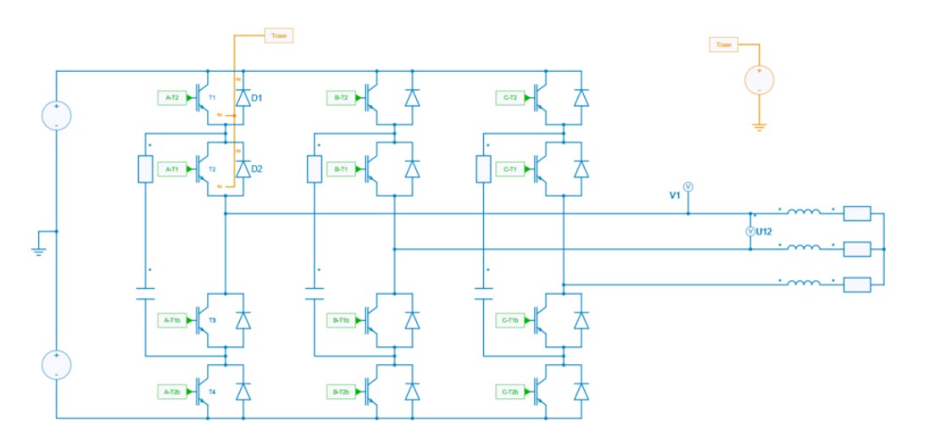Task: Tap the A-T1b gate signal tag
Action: click(x=170, y=320)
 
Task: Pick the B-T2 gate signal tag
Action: click(x=340, y=98)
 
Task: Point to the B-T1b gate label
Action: click(x=340, y=320)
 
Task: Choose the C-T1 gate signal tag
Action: click(x=509, y=169)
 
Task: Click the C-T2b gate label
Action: click(x=509, y=391)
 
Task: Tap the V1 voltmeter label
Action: click(x=675, y=196)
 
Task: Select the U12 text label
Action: click(x=764, y=231)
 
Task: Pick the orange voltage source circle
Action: click(x=759, y=80)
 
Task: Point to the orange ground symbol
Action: click(x=759, y=127)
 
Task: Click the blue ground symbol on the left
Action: click(x=37, y=251)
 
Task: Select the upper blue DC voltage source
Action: click(x=56, y=115)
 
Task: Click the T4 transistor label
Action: click(x=213, y=391)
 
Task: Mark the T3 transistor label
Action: click(x=213, y=320)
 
